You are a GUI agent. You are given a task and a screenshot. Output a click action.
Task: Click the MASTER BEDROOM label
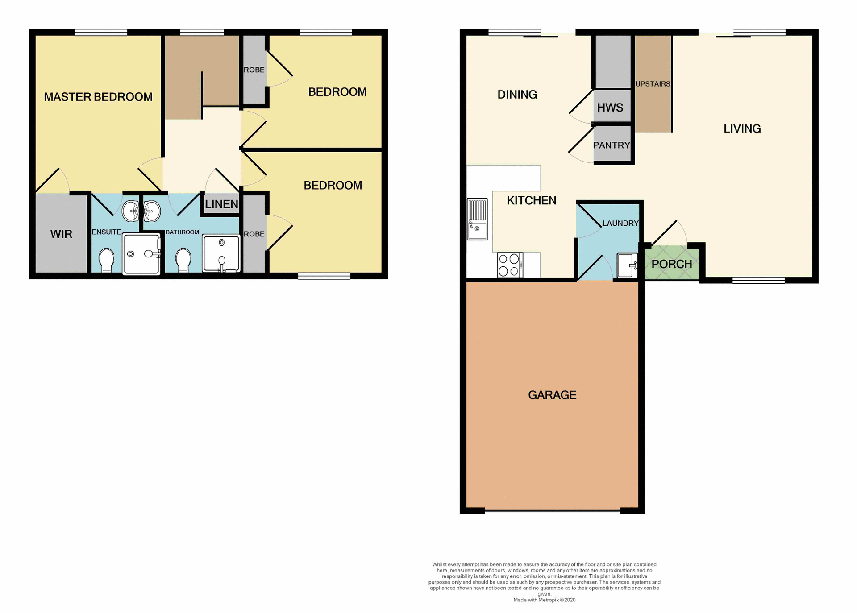click(x=98, y=97)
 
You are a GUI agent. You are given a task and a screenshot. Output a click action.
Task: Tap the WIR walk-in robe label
click(x=61, y=234)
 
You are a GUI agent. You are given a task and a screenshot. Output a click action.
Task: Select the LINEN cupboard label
click(x=221, y=204)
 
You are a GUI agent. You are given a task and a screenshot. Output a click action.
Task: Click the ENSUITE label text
click(x=106, y=232)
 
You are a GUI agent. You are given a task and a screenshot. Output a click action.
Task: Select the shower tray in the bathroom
click(x=221, y=253)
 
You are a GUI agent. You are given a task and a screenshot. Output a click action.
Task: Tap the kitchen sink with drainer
click(x=477, y=219)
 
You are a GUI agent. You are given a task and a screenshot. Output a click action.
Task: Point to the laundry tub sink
click(x=627, y=265)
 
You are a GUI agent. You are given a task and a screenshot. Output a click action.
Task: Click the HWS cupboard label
click(x=610, y=108)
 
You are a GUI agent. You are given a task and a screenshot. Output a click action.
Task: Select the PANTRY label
click(x=612, y=145)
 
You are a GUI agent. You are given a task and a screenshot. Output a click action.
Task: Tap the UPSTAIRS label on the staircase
click(x=653, y=84)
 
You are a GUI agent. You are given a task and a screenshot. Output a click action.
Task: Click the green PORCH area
click(x=671, y=264)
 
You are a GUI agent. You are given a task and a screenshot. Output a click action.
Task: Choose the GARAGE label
click(x=552, y=395)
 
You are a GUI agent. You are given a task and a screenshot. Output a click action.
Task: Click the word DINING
click(x=517, y=95)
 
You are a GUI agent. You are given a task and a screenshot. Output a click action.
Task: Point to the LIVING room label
click(x=742, y=129)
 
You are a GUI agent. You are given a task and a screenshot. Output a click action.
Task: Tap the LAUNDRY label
click(x=620, y=223)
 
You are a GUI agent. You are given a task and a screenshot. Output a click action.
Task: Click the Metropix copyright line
click(x=544, y=600)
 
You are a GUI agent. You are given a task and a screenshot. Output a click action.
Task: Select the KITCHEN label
click(x=532, y=201)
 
